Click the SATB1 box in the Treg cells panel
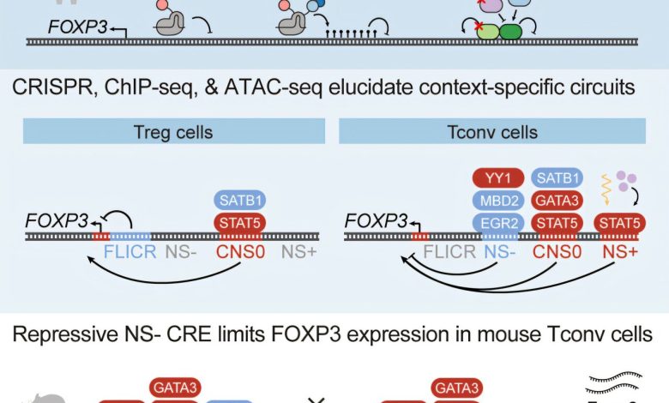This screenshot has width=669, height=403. (239, 201)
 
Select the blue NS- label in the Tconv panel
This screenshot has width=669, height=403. (499, 254)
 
